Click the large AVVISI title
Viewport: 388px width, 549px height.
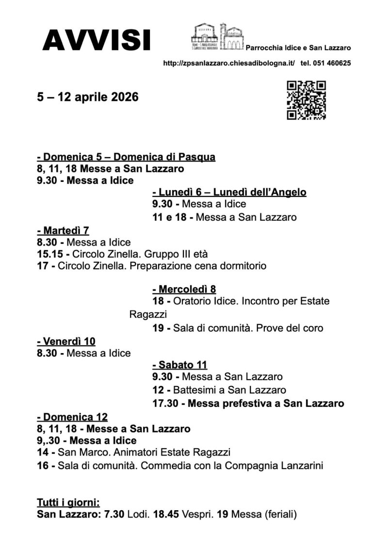click(96, 40)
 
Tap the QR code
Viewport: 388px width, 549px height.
click(306, 100)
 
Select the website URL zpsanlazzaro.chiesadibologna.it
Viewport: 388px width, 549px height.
click(229, 63)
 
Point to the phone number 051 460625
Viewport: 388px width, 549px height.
click(332, 63)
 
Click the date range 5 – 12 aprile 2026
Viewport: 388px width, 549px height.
click(88, 97)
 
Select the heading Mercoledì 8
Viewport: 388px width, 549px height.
click(184, 290)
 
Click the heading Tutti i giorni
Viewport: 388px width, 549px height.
click(68, 502)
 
